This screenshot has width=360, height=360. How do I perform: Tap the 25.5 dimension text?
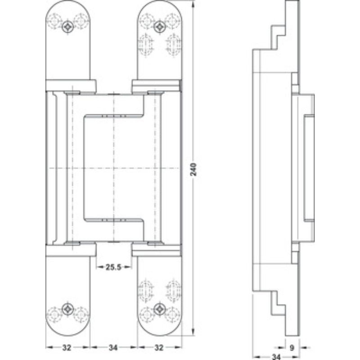click(x=113, y=267)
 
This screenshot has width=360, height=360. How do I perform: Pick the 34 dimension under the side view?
click(x=277, y=356)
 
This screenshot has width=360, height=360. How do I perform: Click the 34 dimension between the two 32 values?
click(x=113, y=347)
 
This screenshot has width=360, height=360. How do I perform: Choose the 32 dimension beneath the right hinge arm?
click(x=159, y=347)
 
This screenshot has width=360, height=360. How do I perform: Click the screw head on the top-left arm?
click(x=68, y=27)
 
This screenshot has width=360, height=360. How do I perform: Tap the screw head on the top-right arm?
click(x=158, y=27)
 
